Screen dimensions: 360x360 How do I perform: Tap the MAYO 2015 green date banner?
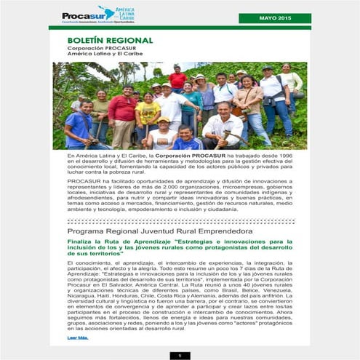pos(275,17)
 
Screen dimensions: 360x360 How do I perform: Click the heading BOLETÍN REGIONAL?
pos(110,41)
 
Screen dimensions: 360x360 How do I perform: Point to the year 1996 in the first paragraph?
pos(281,156)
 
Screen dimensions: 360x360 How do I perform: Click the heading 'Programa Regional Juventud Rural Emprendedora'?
pos(160,231)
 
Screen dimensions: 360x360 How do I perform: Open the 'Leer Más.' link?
pos(77,338)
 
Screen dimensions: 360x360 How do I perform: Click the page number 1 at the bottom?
pos(179,355)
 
